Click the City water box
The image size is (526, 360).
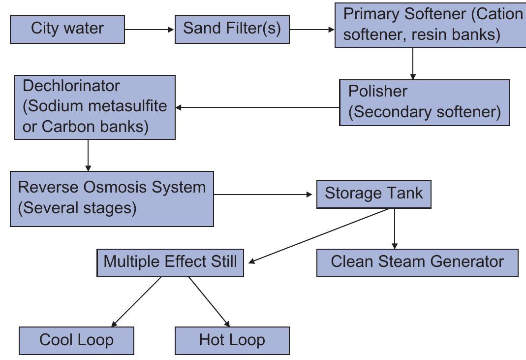click(x=67, y=29)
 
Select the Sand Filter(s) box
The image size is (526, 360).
click(x=232, y=29)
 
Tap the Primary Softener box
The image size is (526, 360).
click(x=430, y=25)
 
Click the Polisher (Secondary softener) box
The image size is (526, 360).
click(x=424, y=102)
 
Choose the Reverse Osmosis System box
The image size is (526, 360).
click(x=112, y=198)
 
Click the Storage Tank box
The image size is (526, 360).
click(x=373, y=194)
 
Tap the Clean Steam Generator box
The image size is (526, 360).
click(x=417, y=262)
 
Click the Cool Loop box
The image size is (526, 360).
click(x=76, y=340)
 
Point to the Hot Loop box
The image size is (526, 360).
click(x=232, y=340)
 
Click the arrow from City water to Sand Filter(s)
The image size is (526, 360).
click(x=150, y=30)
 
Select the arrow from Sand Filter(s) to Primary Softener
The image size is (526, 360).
click(x=312, y=30)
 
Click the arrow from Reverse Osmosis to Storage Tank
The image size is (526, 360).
click(x=263, y=195)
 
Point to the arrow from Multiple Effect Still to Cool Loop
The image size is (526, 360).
click(x=136, y=301)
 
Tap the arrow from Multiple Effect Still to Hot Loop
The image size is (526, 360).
click(x=209, y=301)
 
